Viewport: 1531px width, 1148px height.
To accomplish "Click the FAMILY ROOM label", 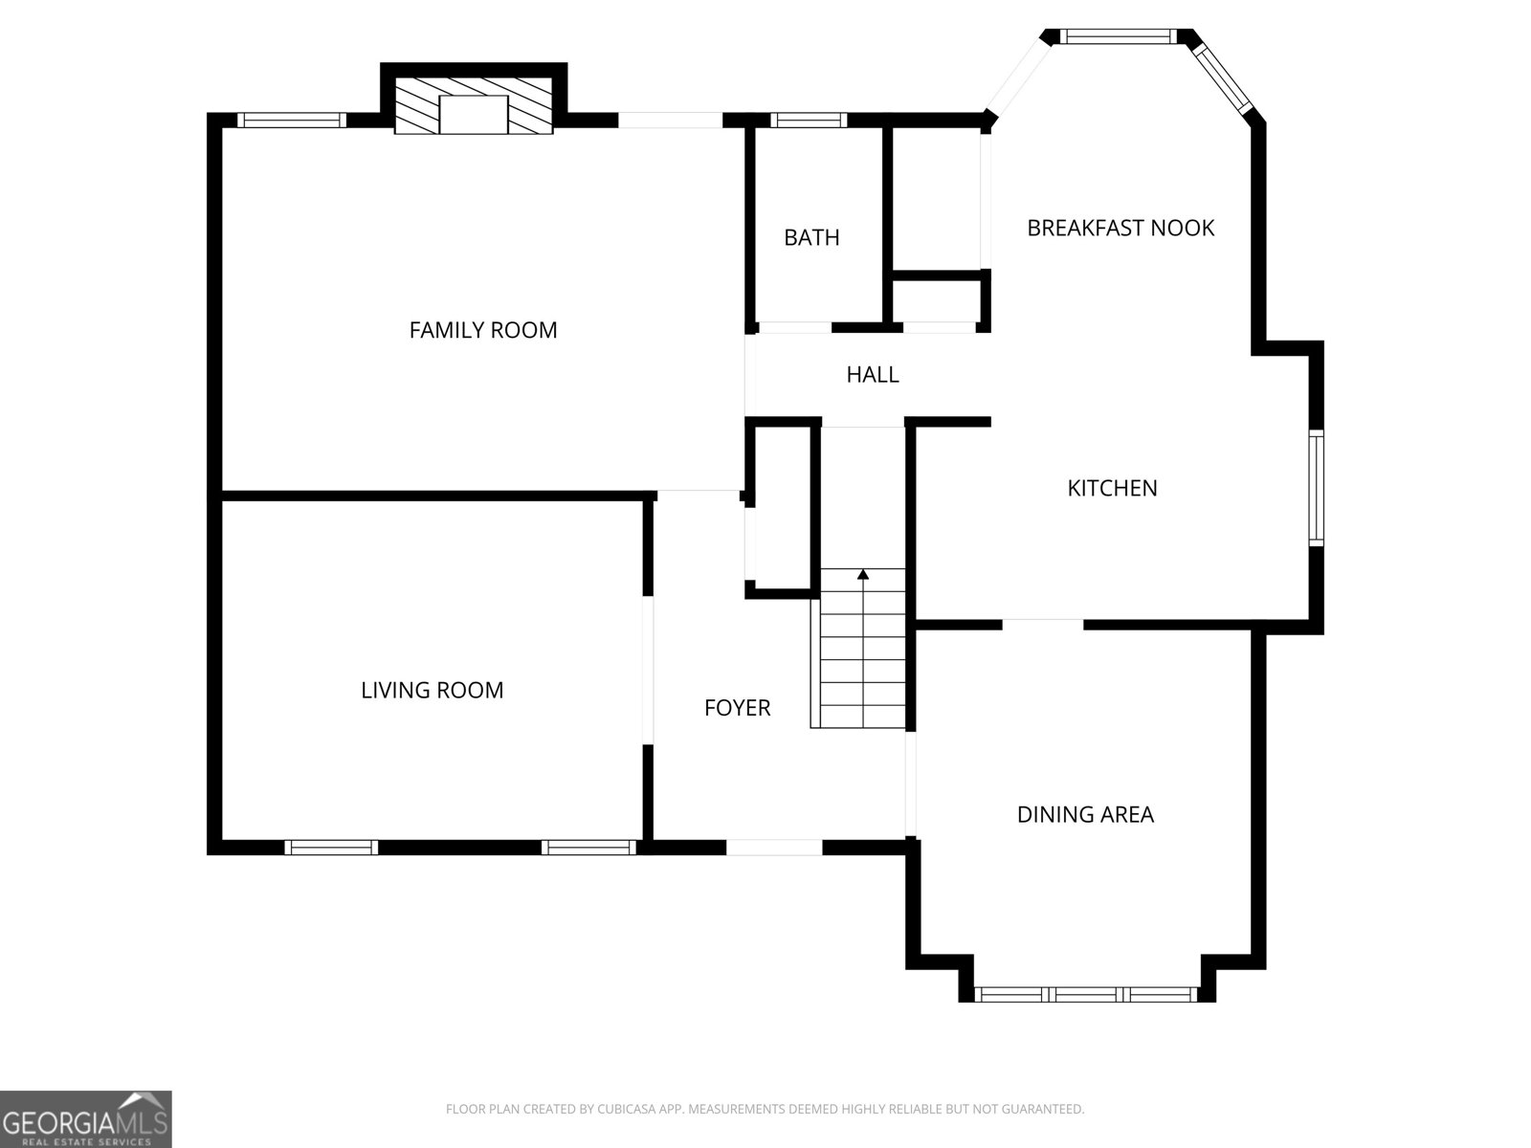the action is point(482,330).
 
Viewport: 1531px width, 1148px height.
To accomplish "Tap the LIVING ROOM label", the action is point(432,690).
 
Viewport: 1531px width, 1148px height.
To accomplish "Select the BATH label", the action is point(811,237).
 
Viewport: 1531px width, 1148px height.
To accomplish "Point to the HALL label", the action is point(872,375).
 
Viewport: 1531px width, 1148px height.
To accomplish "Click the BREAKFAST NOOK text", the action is point(1121,228).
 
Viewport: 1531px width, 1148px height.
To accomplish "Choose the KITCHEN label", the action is point(1112,488).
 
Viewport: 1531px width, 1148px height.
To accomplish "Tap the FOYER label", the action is point(737,708).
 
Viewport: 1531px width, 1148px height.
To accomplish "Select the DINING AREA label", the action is point(1085,814).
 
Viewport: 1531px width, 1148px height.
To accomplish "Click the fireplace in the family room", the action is point(474,105).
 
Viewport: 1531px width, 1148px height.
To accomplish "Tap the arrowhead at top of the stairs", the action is point(863,574).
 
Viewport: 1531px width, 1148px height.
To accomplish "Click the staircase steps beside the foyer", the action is point(863,649).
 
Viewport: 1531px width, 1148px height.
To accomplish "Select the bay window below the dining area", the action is point(1086,995).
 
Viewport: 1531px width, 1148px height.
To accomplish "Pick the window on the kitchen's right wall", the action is point(1316,488).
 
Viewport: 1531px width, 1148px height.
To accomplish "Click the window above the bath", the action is point(809,121).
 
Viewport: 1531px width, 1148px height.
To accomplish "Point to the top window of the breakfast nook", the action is point(1118,36).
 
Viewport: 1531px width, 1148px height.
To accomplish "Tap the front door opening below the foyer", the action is point(774,848).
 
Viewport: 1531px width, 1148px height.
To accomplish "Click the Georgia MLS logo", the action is point(86,1119).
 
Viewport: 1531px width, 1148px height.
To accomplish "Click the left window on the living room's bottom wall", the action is point(331,848).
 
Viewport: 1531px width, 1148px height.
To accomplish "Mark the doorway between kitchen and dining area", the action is point(1043,625).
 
